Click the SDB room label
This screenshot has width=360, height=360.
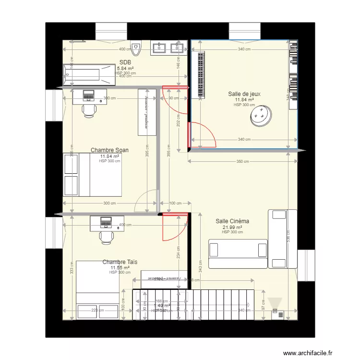coord(125,62)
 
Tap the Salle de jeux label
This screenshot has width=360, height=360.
coord(244,94)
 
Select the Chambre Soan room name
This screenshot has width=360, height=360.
coord(109,150)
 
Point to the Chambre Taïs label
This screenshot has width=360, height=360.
coord(120,262)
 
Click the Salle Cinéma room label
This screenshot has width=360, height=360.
coord(232,221)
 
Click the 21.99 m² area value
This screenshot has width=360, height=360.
coord(232,228)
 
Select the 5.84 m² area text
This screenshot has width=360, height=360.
coord(125,69)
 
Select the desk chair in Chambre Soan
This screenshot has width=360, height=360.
coord(89,110)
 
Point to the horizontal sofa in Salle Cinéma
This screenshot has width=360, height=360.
coord(238,249)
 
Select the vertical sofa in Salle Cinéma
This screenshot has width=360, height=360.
coord(278,239)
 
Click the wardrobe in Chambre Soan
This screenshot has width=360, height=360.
coord(148,112)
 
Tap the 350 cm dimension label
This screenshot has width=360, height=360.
coord(243,161)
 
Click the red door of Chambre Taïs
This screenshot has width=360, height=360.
coord(174,227)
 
